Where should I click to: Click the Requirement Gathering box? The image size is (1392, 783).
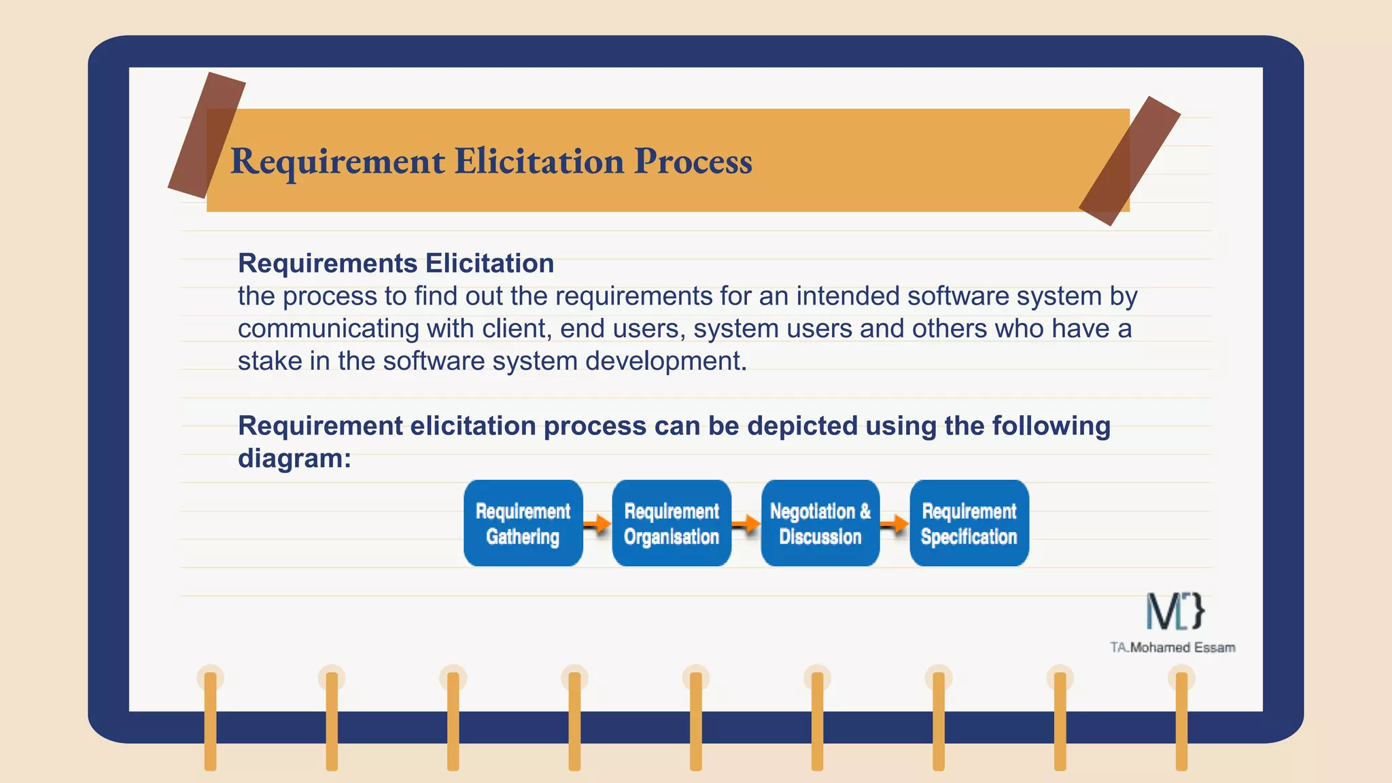coord(523,523)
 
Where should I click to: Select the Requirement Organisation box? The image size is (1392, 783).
coord(672,523)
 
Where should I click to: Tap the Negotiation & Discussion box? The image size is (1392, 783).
coord(820,523)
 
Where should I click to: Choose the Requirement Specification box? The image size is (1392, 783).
coord(969,523)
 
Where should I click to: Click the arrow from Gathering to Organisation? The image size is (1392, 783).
coord(597,524)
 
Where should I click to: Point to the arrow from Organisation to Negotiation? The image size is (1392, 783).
coord(746,524)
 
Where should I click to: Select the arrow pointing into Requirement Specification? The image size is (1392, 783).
coord(894,524)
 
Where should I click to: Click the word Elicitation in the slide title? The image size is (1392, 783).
coord(539,162)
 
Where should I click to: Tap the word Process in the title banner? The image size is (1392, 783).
coord(693,162)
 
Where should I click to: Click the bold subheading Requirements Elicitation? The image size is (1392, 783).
coord(396,264)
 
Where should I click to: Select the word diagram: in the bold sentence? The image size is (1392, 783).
coord(294,458)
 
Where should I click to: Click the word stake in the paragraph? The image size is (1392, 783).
coord(270,361)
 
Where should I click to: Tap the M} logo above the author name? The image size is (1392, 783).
coord(1175,611)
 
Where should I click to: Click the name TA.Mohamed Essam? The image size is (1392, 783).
coord(1172,648)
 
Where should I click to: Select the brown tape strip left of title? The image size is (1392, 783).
coord(207,135)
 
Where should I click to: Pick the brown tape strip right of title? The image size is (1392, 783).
coord(1130,161)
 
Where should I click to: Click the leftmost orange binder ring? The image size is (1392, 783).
coord(211,720)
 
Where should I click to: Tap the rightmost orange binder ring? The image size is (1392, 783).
coord(1181,720)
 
